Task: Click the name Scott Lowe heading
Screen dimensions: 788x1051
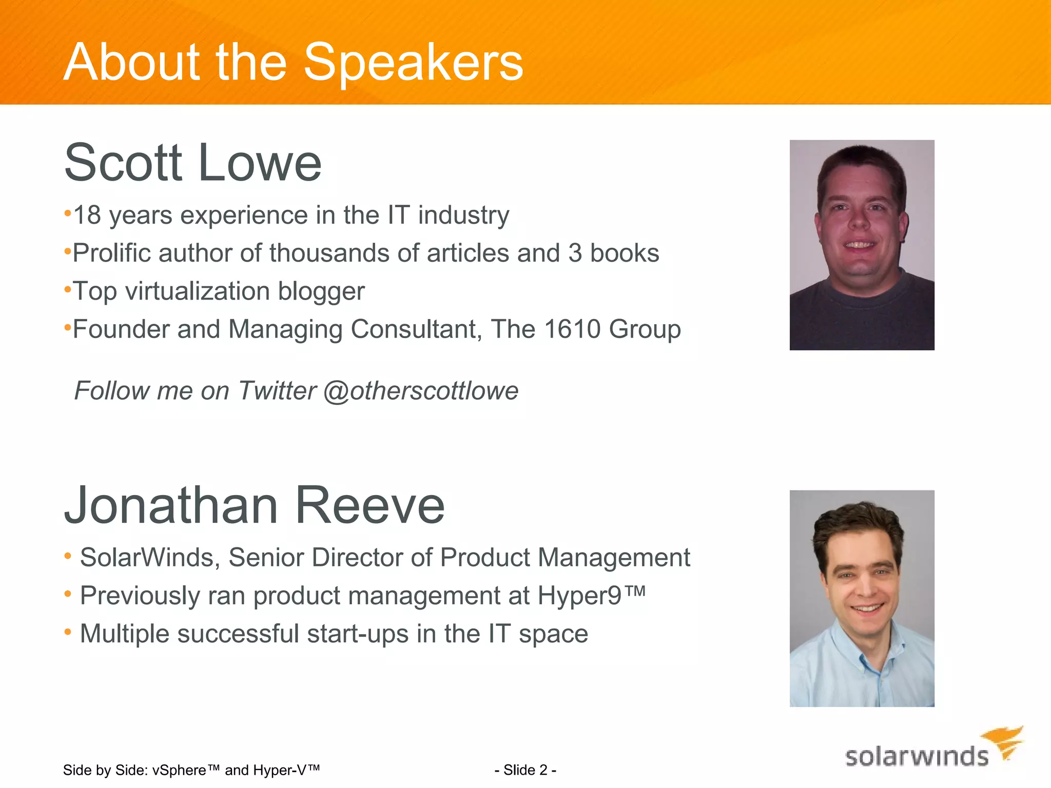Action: (x=192, y=163)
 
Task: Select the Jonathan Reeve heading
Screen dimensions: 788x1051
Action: (x=254, y=506)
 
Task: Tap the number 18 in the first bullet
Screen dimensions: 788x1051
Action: (x=87, y=215)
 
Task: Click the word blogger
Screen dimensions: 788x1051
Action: (x=321, y=291)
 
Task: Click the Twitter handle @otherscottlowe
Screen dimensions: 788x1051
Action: (x=421, y=391)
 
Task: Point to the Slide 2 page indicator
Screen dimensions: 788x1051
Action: (x=525, y=770)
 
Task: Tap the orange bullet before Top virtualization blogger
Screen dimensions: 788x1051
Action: (x=67, y=290)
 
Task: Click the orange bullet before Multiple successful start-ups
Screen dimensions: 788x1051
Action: (x=68, y=633)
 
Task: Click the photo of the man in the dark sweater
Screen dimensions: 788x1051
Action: (x=862, y=245)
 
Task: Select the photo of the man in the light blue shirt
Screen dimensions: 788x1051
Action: (x=862, y=598)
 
